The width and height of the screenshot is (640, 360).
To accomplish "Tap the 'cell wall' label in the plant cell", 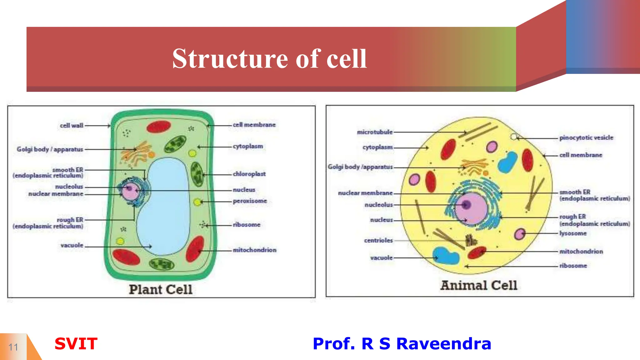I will pos(72,126).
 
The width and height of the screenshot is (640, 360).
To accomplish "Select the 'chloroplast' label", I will pos(249,174).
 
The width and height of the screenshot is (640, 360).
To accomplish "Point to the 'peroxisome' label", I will pos(250,201).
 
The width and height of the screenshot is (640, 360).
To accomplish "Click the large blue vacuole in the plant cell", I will pos(166,206).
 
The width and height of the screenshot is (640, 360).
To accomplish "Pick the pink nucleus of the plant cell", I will pos(131,191).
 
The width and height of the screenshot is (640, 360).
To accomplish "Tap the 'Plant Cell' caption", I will pos(161,289).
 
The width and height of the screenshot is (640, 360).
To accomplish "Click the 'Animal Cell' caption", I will pos(479,285).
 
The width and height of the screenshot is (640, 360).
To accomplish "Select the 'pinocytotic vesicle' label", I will pos(586,137).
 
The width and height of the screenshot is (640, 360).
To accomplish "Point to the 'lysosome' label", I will pos(573,233).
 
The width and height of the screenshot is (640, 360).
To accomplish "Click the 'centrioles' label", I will pos(378,240).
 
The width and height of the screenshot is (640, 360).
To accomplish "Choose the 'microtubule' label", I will pos(375,132).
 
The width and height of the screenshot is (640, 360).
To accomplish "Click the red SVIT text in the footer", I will pos(76,344).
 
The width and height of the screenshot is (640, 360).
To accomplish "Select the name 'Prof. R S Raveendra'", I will pos(402,344).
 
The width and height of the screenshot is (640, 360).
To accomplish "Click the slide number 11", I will pos(13,347).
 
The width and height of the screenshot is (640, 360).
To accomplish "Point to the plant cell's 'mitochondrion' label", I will pos(254,250).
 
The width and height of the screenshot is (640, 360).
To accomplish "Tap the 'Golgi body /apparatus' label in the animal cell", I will pos(360,167).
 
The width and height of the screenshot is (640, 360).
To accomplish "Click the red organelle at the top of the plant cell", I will pos(159,127).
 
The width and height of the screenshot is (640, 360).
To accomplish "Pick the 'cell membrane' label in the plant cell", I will pos(254,125).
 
